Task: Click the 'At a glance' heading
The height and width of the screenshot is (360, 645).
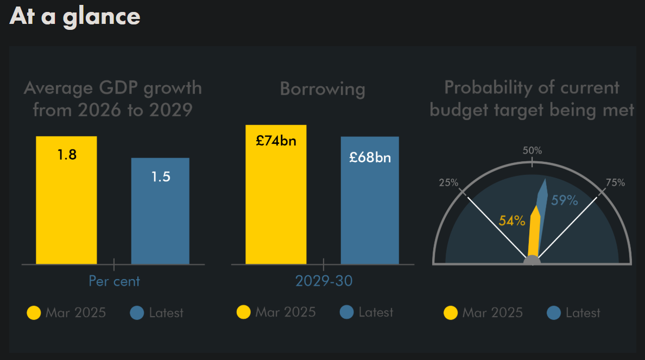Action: point(75,16)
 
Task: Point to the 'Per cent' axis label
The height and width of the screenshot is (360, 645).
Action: point(114,281)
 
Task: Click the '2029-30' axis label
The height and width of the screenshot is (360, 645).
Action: point(324,281)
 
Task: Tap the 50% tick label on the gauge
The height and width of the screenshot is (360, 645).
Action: point(532,150)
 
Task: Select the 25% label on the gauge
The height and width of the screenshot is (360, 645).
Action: point(448,182)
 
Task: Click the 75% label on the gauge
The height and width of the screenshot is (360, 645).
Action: point(615,183)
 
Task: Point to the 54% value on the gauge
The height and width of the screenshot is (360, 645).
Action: point(512,221)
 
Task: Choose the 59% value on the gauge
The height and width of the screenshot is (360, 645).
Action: point(565,200)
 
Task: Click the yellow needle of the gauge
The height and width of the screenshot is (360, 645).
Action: point(534,233)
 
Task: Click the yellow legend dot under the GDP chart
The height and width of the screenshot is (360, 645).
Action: point(34,313)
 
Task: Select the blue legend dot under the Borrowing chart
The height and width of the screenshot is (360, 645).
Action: point(346,312)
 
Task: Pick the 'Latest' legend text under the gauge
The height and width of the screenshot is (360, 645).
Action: point(583,313)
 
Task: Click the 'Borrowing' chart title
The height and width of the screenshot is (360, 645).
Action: point(322,89)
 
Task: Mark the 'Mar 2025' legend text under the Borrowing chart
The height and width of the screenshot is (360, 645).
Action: point(285,312)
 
